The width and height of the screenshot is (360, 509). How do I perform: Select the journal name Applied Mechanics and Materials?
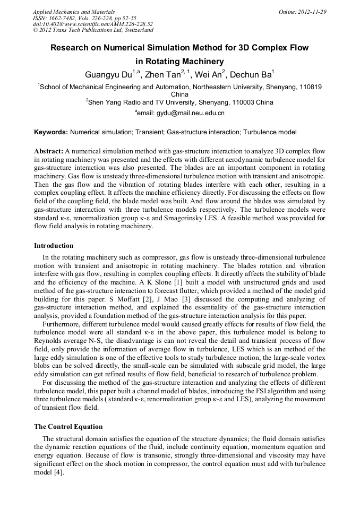click(x=73, y=12)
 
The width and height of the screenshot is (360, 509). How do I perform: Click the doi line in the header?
click(x=92, y=24)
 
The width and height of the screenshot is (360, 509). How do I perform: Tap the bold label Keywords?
click(x=51, y=132)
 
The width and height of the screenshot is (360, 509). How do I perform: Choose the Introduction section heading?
click(x=54, y=246)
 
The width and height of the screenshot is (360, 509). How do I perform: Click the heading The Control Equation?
click(x=68, y=427)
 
